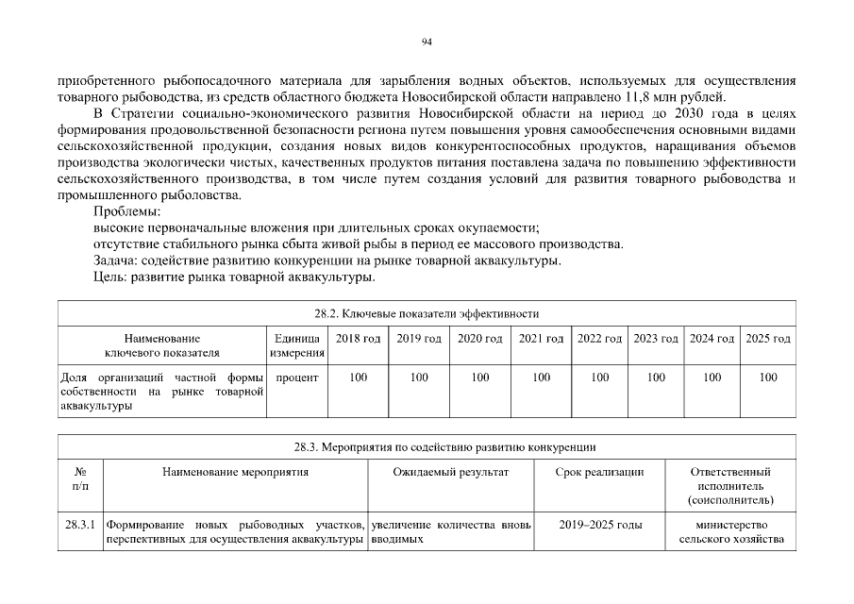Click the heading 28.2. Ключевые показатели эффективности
click(427, 313)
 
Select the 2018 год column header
click(359, 339)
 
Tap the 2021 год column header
click(542, 339)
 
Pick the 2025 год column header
click(768, 339)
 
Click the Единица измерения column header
click(297, 345)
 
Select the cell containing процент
click(297, 377)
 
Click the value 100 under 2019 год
click(419, 377)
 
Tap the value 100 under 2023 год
click(656, 377)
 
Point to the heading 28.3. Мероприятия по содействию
click(427, 447)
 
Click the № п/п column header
click(80, 478)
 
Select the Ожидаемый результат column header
click(450, 472)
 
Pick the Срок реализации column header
click(601, 472)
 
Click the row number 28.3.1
click(80, 525)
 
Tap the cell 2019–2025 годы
click(601, 525)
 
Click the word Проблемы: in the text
click(127, 211)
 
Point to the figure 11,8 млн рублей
click(677, 96)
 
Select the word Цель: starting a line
click(111, 277)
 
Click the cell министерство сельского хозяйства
click(731, 532)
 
